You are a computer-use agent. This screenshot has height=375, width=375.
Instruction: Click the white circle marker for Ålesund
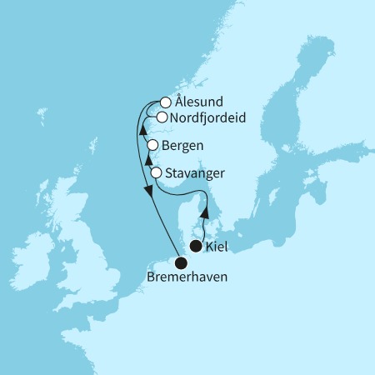pos(166,103)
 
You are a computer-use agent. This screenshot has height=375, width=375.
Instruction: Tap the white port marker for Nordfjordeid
pos(161,117)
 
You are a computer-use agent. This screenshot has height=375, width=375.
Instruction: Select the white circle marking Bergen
pos(152,145)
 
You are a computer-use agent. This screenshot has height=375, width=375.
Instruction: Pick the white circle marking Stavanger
pos(157,172)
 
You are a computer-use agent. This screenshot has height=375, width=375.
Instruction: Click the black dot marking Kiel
pos(196,246)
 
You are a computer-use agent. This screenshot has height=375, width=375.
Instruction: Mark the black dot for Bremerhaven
pos(180,263)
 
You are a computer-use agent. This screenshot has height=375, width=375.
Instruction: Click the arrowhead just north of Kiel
pos(205,215)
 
